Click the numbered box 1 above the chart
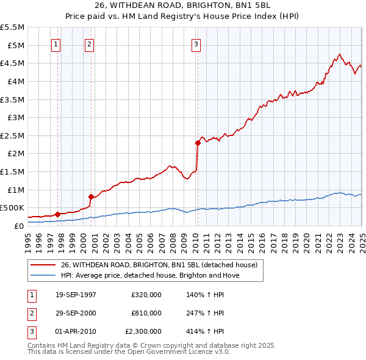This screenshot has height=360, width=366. [x=56, y=43]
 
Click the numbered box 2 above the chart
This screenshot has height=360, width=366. [x=89, y=43]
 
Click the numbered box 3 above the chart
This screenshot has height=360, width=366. [x=196, y=43]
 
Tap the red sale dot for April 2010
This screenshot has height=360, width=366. [x=198, y=143]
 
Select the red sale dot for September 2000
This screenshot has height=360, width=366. [x=91, y=196]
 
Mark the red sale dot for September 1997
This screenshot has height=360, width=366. [x=57, y=214]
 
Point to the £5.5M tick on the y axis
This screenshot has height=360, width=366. [x=12, y=27]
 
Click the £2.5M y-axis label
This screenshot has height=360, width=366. [x=12, y=135]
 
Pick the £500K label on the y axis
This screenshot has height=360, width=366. [x=12, y=208]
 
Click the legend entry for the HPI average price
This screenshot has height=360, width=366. [x=150, y=275]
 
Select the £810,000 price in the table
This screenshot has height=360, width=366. [x=146, y=314]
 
